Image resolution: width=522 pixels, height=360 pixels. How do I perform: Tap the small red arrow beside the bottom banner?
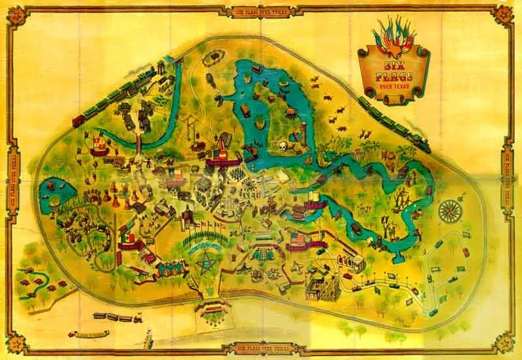[67, 335]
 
